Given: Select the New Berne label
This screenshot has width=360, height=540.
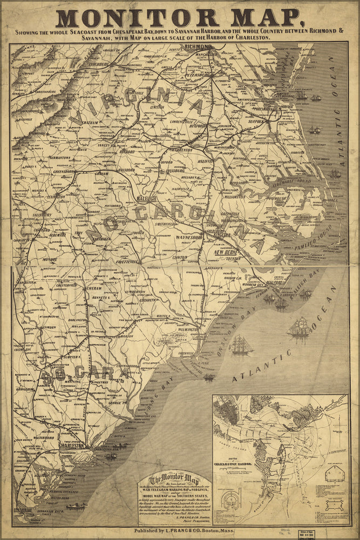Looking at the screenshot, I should click(227, 252).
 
